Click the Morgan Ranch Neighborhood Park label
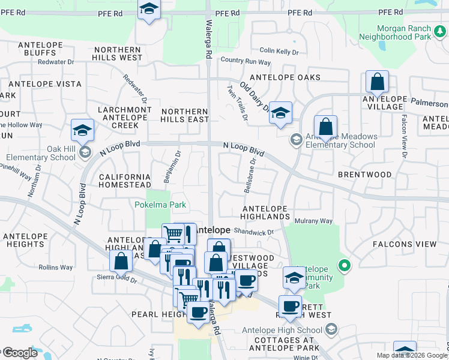[x=403, y=32]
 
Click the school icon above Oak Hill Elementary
[x=82, y=130]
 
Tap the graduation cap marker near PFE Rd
[x=149, y=10]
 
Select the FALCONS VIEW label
[x=405, y=244]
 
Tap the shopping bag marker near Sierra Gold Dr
[x=121, y=260]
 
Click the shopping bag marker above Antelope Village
[x=377, y=81]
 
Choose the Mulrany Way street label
[x=313, y=221]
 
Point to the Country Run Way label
[x=246, y=61]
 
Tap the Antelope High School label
[x=282, y=329]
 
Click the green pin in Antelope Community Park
[x=344, y=264]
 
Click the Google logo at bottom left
[x=20, y=353]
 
